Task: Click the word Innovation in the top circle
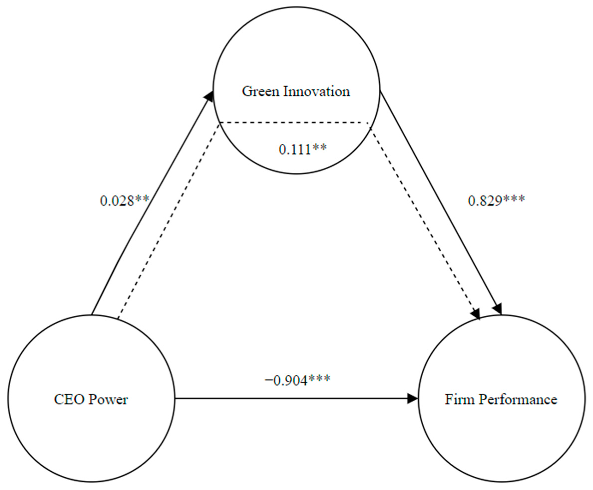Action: (317, 92)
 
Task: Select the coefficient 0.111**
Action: (302, 149)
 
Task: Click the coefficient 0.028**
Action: (124, 201)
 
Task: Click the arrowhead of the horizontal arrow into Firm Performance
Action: (412, 399)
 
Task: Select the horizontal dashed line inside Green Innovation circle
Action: (294, 123)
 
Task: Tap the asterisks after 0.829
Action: (514, 199)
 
